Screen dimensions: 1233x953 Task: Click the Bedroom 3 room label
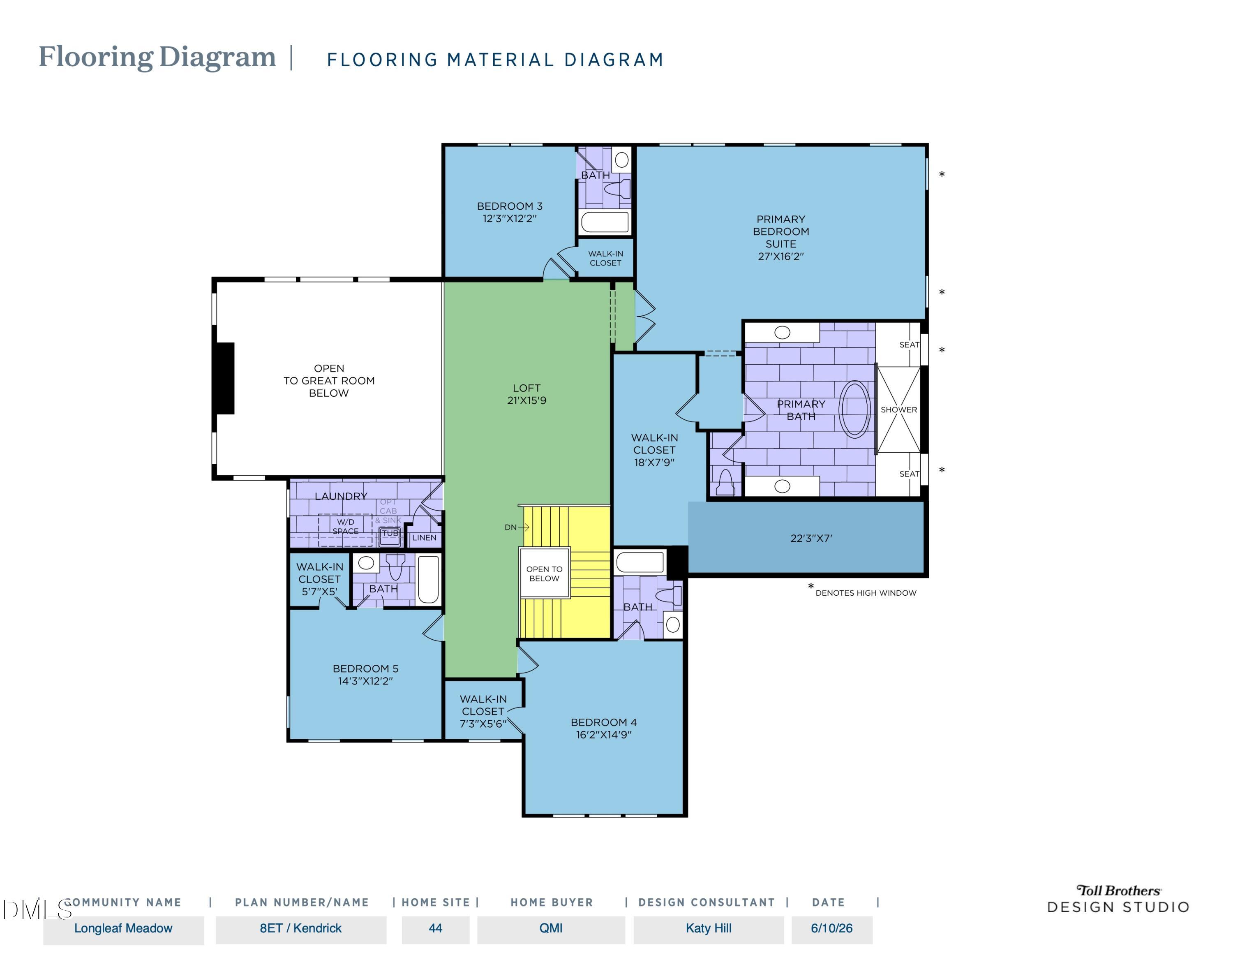click(x=510, y=212)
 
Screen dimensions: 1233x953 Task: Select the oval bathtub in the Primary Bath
click(x=855, y=409)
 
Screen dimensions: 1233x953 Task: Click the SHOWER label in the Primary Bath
click(x=899, y=410)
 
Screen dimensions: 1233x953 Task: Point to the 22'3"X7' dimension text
click(x=811, y=538)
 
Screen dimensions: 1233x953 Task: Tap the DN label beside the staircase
click(x=510, y=527)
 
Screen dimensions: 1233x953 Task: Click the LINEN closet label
click(x=424, y=537)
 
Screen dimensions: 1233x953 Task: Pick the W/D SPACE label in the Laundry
click(x=346, y=527)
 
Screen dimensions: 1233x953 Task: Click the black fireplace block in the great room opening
click(x=225, y=378)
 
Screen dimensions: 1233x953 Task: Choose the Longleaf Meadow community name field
click(x=123, y=928)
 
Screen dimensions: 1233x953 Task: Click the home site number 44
click(x=435, y=928)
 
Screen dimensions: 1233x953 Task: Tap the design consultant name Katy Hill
click(x=709, y=928)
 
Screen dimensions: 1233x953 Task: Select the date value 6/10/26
click(x=831, y=928)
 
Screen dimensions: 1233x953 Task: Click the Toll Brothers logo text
click(x=1118, y=891)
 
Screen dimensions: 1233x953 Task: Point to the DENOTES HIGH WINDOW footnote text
click(x=866, y=593)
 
